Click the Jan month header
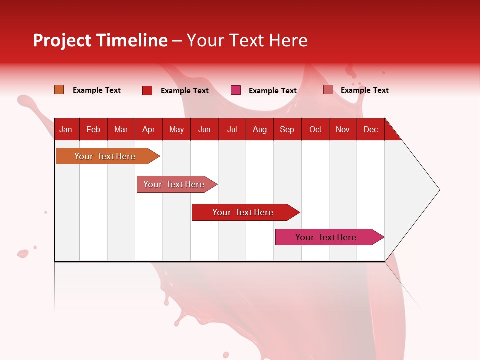coord(66,129)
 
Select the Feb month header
coord(93,129)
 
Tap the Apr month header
coord(148,129)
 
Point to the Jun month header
coord(204,129)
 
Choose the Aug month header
coord(259,129)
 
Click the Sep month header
coord(287,129)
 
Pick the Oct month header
coord(315,129)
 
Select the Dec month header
coord(370,129)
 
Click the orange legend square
coord(59,90)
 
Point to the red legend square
coord(147,90)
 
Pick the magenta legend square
coord(236,90)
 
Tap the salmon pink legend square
coord(328,90)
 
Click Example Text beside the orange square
coord(97,90)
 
